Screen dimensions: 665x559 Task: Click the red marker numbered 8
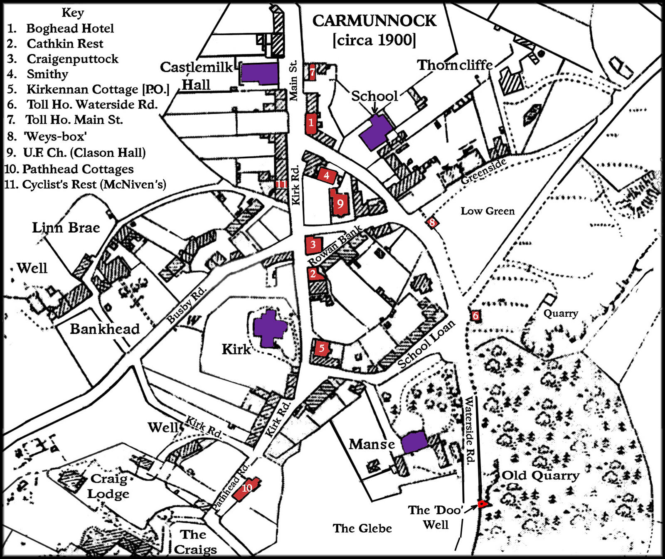click(x=432, y=223)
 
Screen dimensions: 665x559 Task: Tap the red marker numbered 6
click(x=475, y=316)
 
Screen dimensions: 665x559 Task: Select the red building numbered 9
click(x=340, y=202)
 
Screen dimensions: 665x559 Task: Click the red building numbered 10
click(x=246, y=488)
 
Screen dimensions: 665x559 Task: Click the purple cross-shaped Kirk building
click(x=270, y=329)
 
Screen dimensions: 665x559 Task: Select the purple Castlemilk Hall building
click(x=260, y=74)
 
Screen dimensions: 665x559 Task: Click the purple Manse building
click(x=414, y=442)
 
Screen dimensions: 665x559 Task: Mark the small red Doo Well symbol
click(x=482, y=504)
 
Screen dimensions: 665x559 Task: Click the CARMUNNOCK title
click(x=374, y=21)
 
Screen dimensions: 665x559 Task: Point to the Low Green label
click(x=488, y=211)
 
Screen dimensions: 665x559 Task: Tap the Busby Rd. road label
click(x=186, y=305)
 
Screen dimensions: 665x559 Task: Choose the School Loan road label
click(x=426, y=344)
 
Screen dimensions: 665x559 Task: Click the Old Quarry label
click(x=540, y=475)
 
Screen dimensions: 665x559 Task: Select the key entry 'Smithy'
click(x=47, y=74)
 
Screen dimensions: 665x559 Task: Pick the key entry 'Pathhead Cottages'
click(x=78, y=169)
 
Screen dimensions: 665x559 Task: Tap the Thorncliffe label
click(x=455, y=65)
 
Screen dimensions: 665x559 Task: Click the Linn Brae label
click(x=66, y=227)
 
